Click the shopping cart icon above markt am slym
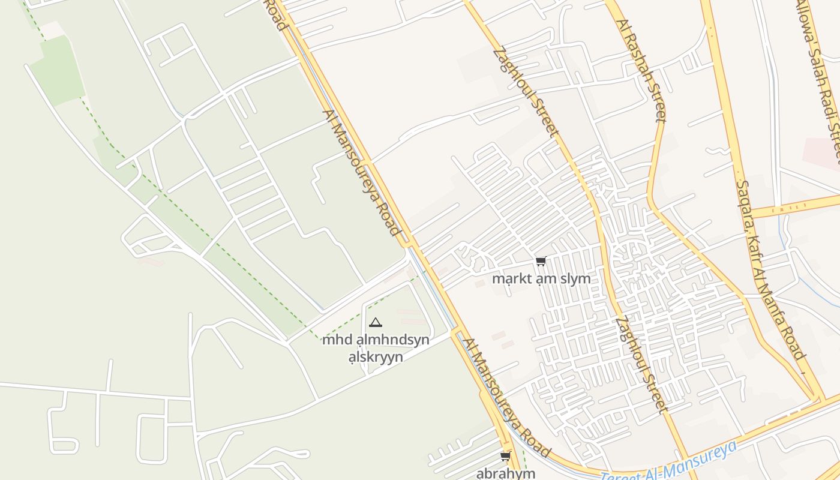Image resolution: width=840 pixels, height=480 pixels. click(x=541, y=261)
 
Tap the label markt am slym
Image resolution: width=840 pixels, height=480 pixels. click(x=541, y=278)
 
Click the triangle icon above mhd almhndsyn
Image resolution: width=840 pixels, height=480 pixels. click(x=376, y=323)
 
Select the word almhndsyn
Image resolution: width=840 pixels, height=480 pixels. click(x=391, y=340)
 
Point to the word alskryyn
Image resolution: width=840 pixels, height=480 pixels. click(x=376, y=356)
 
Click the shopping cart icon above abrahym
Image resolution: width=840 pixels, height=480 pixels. click(x=505, y=457)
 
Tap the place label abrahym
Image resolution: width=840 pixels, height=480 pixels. click(x=505, y=473)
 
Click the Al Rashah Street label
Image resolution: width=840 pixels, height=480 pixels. click(x=642, y=70)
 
